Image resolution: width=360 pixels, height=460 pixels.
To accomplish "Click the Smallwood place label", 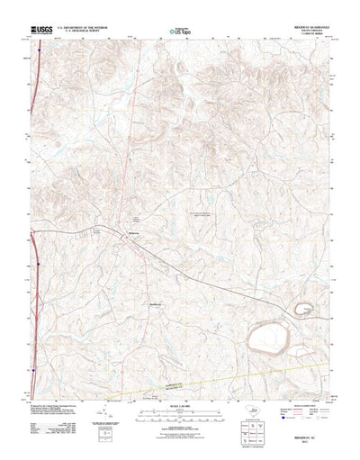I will pos(154,303).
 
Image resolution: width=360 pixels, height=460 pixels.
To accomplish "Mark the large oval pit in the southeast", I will pos(270,340).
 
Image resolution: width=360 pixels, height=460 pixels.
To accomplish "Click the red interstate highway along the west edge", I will pos(33,270).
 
